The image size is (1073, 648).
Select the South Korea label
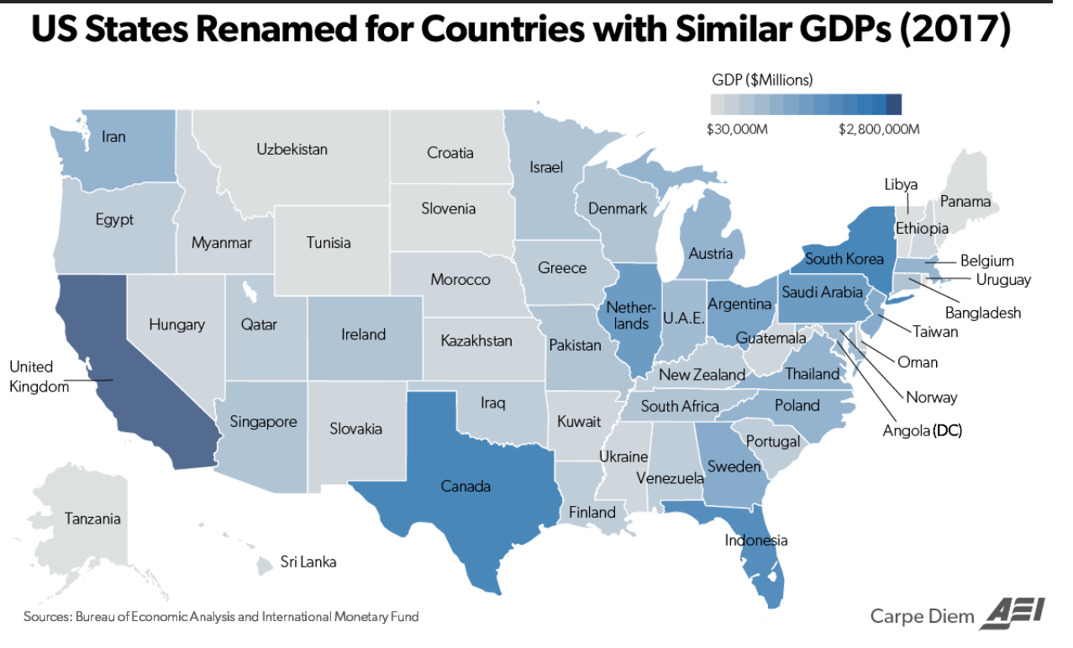(x=844, y=258)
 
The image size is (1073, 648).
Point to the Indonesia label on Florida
(x=756, y=540)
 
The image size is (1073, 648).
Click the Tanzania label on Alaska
(x=92, y=519)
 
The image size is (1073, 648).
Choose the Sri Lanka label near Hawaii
(x=308, y=561)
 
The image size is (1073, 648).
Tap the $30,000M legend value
(x=739, y=129)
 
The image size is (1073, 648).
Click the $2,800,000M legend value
(x=879, y=129)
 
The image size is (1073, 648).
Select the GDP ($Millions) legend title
(x=762, y=81)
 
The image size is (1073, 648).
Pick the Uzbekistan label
(x=292, y=150)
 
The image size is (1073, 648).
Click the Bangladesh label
(x=983, y=313)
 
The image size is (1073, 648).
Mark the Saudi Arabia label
(x=822, y=292)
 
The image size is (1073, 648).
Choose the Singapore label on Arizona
(x=263, y=421)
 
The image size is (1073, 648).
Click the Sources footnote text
(x=221, y=617)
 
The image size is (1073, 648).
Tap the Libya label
(x=901, y=184)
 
